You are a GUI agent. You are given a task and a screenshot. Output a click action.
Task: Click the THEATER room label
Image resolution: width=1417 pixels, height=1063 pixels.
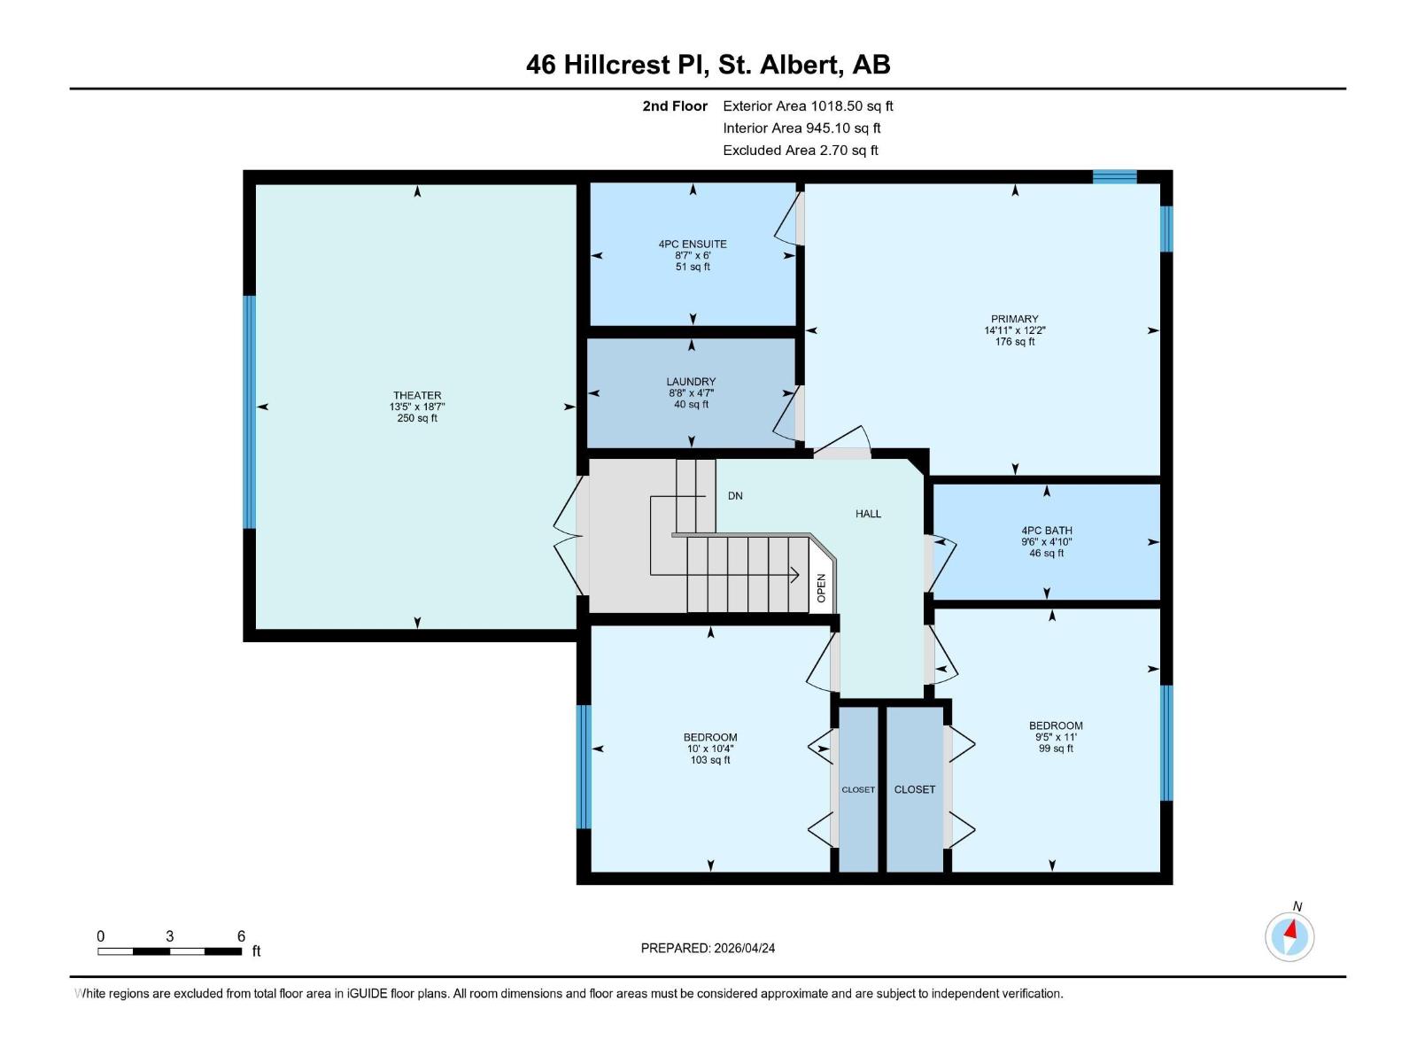coord(417,395)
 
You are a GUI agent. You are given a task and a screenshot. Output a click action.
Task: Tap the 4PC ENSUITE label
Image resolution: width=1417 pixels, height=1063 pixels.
coord(693,244)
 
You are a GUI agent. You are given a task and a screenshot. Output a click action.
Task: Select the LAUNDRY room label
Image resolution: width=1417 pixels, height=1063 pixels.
coord(691,382)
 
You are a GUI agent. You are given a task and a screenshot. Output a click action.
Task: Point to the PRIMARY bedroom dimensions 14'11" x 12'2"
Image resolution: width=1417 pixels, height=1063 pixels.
coord(1015,330)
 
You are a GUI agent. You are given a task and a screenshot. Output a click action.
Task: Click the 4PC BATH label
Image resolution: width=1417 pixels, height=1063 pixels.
coord(1047,531)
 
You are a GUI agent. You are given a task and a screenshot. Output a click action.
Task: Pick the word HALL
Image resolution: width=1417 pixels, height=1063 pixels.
coord(868,514)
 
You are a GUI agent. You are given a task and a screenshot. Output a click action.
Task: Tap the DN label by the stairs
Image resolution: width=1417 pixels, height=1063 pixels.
coord(735,496)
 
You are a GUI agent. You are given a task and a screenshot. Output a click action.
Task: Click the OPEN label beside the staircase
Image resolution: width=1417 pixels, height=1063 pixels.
coord(821,588)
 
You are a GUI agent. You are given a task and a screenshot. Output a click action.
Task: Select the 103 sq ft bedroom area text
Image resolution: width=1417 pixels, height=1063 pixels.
coord(710,760)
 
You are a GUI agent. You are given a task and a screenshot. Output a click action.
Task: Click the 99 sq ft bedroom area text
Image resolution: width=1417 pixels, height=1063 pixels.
coord(1056,749)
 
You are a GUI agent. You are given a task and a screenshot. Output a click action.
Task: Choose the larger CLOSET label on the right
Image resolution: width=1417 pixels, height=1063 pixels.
coord(915,789)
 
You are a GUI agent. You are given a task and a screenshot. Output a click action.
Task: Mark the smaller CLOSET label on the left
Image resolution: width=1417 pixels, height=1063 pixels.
coord(857,789)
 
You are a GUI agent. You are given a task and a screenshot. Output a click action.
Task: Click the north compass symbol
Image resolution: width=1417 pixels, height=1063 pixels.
coord(1289,935)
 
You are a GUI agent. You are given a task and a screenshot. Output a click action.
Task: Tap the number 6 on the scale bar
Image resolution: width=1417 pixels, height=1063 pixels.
coord(241,936)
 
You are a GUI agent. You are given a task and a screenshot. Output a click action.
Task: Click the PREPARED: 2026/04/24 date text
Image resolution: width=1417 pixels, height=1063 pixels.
coord(708,948)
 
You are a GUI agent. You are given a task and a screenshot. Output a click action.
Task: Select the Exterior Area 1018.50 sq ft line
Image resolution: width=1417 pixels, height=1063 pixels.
coord(808,106)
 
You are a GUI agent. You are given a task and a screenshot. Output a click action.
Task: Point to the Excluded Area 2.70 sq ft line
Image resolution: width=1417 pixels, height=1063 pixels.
coord(801,151)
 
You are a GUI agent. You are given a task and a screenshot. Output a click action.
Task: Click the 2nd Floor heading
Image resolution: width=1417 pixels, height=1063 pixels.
coord(675,106)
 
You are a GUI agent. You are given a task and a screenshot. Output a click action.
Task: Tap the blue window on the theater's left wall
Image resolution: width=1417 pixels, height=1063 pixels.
coord(250,412)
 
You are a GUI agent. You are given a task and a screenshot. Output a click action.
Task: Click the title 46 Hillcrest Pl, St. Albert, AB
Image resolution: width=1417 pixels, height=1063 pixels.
coord(708,65)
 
